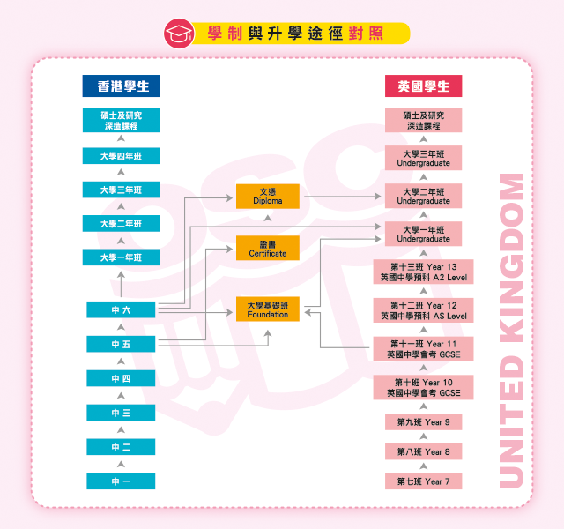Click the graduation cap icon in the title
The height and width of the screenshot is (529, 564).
pyautogui.click(x=180, y=34)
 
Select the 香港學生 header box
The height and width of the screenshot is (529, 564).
pyautogui.click(x=122, y=86)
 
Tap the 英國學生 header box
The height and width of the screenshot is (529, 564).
pyautogui.click(x=423, y=86)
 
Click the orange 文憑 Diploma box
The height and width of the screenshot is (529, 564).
pyautogui.click(x=268, y=196)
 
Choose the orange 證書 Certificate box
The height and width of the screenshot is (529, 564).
pyautogui.click(x=268, y=248)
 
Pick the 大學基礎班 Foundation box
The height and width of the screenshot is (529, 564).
pyautogui.click(x=268, y=309)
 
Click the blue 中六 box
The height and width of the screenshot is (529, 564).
pyautogui.click(x=121, y=309)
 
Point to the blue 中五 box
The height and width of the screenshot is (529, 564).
pyautogui.click(x=121, y=344)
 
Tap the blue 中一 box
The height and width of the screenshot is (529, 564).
pyautogui.click(x=121, y=481)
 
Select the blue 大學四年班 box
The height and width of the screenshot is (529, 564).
pyautogui.click(x=121, y=156)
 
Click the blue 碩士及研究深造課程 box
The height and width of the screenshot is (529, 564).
pyautogui.click(x=121, y=120)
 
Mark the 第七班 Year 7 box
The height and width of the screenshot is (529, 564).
pyautogui.click(x=423, y=481)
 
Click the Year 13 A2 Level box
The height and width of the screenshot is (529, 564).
pyautogui.click(x=423, y=272)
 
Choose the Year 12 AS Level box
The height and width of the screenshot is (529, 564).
pyautogui.click(x=423, y=309)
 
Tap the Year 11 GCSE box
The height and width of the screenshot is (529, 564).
pyautogui.click(x=423, y=348)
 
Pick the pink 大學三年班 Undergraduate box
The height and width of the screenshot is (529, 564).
pyautogui.click(x=423, y=158)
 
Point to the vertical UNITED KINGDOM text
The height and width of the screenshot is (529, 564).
pyautogui.click(x=511, y=331)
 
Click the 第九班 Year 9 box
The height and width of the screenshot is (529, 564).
pyautogui.click(x=423, y=422)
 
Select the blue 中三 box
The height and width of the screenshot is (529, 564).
pyautogui.click(x=121, y=413)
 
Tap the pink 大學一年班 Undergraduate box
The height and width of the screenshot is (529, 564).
pyautogui.click(x=423, y=234)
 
